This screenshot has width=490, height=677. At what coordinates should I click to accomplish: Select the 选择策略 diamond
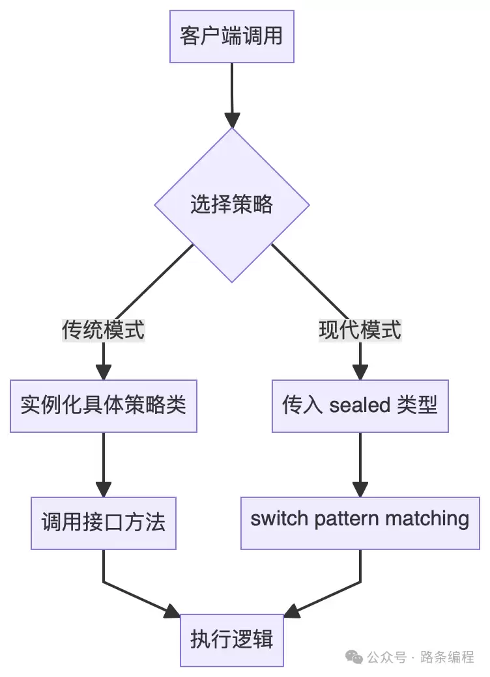[231, 205]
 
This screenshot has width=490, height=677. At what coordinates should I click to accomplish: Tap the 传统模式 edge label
[103, 330]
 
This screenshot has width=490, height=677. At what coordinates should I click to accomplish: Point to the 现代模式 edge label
[360, 330]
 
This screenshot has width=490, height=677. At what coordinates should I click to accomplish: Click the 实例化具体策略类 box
[103, 406]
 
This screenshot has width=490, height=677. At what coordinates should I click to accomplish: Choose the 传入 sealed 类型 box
[360, 406]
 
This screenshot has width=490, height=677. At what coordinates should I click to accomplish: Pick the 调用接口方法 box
[103, 522]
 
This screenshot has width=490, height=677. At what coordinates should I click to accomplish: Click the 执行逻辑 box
[231, 639]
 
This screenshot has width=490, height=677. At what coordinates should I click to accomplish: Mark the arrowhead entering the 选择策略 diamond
[232, 120]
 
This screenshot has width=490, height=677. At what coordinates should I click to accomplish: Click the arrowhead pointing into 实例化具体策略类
[103, 372]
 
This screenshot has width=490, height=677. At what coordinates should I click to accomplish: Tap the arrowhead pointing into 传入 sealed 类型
[360, 372]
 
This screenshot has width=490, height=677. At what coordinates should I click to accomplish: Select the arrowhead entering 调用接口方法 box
[103, 490]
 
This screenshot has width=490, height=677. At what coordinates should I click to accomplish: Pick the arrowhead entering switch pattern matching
[360, 490]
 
